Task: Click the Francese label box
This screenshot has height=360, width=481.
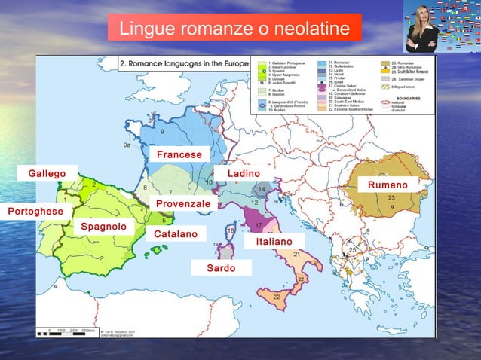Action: (179, 154)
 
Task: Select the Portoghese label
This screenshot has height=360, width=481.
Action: (35, 212)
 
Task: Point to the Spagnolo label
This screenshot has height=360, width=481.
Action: (103, 227)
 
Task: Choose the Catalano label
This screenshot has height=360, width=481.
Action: (176, 235)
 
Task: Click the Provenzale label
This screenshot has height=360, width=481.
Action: (183, 204)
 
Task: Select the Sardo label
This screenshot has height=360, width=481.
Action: (220, 268)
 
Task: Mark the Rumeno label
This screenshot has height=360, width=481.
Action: (388, 185)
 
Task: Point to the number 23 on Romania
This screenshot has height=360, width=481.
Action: (391, 197)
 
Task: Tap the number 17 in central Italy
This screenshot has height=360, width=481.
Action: (259, 226)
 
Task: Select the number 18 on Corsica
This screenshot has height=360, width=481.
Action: (230, 230)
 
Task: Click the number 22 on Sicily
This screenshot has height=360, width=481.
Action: (277, 298)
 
